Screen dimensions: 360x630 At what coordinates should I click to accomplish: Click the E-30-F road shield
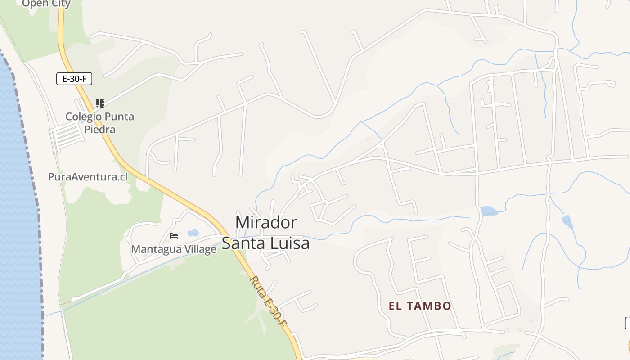(x=74, y=79)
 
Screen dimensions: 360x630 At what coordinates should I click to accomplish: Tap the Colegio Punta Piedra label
(x=99, y=123)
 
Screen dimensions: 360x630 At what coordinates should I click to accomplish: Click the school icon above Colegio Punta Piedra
(x=100, y=103)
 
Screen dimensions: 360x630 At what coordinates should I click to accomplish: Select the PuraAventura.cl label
(x=88, y=177)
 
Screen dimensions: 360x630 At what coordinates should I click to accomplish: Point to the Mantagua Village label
(x=174, y=249)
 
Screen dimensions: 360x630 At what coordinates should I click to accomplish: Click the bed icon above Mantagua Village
(x=174, y=235)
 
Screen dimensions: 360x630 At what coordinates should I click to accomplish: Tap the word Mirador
(x=266, y=222)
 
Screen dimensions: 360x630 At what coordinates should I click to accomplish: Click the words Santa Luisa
(x=266, y=243)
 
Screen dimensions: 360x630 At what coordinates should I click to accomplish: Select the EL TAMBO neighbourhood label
(x=420, y=306)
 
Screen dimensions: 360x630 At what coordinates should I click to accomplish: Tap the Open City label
(x=46, y=4)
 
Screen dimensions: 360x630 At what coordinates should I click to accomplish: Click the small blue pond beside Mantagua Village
(x=193, y=233)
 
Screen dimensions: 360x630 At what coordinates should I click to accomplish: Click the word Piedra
(x=100, y=130)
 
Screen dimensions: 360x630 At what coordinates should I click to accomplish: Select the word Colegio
(x=81, y=117)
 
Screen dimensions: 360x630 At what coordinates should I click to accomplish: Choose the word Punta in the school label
(x=116, y=117)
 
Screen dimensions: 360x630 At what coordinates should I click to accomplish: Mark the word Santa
(x=244, y=243)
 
